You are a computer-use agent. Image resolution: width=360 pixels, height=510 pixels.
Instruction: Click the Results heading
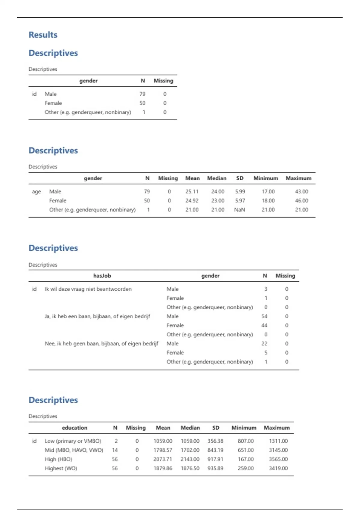click(43, 35)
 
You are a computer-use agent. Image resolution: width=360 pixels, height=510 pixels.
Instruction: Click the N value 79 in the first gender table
click(142, 94)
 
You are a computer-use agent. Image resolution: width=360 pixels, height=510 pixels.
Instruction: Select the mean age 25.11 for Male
click(192, 191)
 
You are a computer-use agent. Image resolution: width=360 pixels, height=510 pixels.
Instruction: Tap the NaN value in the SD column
click(239, 210)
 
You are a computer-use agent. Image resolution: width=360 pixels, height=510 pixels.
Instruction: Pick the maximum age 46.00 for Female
click(301, 200)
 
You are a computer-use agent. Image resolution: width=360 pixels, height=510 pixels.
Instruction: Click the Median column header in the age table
click(217, 178)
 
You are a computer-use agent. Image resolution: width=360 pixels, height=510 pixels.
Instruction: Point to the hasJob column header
click(102, 276)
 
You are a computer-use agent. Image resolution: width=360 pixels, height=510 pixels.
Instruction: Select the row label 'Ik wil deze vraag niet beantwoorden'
click(88, 289)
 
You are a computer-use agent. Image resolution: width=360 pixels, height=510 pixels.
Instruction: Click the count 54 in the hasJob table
click(264, 316)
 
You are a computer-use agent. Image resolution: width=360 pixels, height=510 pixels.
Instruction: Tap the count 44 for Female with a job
click(264, 325)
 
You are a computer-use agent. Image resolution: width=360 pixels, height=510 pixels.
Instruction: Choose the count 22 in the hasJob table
click(264, 343)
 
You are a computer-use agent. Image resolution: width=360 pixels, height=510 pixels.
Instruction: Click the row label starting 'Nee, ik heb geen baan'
click(101, 343)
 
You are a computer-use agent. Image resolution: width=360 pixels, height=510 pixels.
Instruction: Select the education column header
click(75, 428)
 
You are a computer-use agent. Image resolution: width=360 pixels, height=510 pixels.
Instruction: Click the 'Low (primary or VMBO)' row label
click(73, 441)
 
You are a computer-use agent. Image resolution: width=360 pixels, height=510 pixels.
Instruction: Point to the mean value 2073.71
click(163, 459)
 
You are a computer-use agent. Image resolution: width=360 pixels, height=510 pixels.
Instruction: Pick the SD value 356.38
click(215, 441)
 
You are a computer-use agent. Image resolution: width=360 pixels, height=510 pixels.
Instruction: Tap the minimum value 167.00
click(246, 459)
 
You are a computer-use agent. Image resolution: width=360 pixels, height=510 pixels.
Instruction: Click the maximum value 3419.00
click(278, 468)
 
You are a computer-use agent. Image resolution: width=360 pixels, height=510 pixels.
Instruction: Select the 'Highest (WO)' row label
click(61, 468)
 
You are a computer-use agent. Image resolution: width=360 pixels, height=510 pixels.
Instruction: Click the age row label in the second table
click(36, 191)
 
